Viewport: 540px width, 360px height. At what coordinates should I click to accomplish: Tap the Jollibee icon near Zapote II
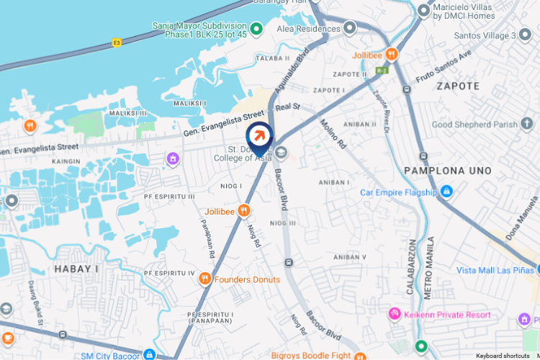[392, 53]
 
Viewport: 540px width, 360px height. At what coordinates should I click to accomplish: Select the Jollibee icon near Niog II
[245, 210]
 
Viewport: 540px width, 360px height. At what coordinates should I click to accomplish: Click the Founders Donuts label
[247, 279]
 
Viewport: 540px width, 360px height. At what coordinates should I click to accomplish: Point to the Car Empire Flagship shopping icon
[446, 192]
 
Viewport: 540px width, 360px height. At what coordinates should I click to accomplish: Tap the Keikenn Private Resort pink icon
[395, 314]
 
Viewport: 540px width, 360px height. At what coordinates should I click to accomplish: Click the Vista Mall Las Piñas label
[495, 270]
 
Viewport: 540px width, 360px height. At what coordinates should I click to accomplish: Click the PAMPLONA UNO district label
[448, 171]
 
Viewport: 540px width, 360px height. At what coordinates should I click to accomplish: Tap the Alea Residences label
[308, 29]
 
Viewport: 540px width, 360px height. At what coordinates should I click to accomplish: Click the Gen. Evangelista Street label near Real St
[224, 120]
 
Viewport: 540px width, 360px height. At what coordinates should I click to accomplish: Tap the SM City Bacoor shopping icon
[149, 355]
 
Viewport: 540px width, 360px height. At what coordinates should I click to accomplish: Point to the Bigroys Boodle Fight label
[312, 355]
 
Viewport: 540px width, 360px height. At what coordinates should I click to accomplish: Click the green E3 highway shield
[117, 43]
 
